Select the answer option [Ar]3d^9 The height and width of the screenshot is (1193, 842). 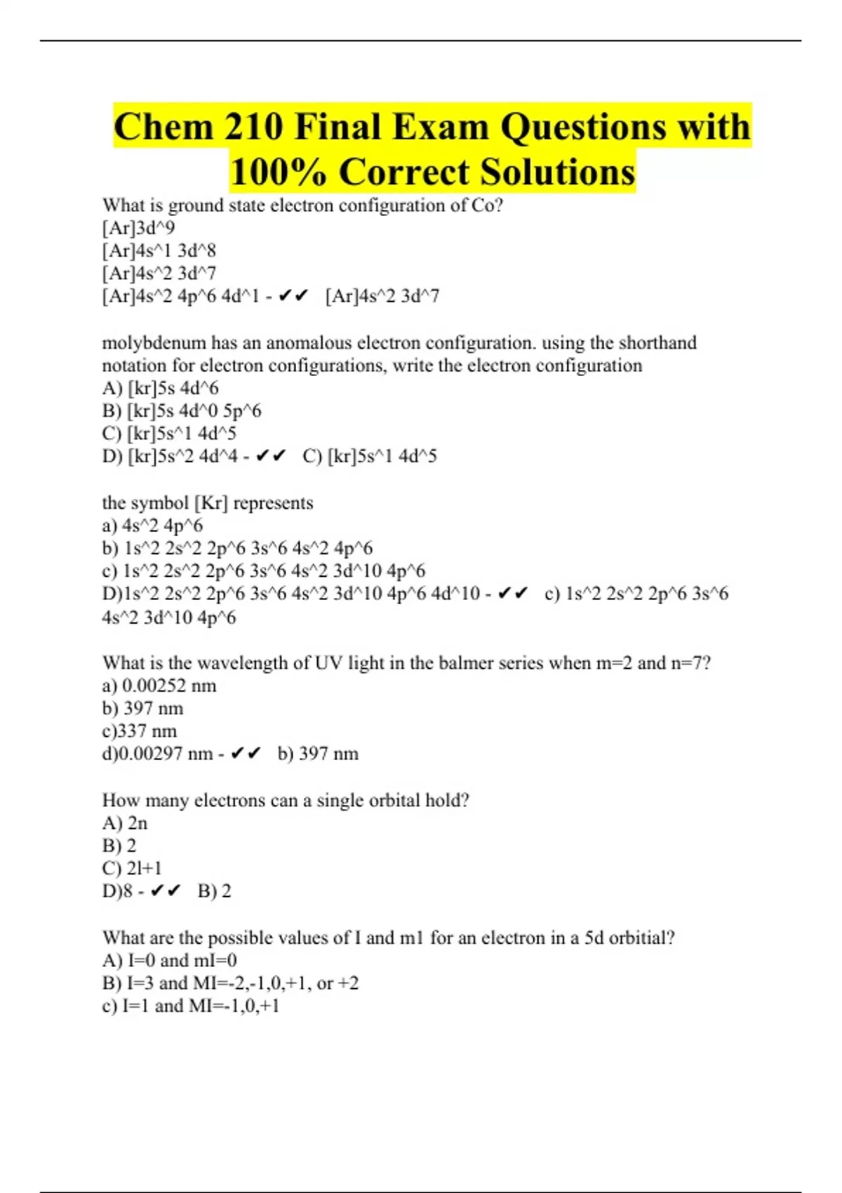pos(138,228)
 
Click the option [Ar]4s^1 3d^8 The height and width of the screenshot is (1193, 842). pos(159,251)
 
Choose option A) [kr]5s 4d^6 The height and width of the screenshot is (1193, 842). pos(161,388)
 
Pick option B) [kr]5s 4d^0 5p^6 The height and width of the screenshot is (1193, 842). pos(182,411)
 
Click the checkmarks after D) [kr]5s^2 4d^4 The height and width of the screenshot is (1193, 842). pos(271,456)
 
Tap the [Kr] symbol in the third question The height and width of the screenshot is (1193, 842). pos(210,503)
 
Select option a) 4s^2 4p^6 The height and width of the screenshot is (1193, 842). pos(152,526)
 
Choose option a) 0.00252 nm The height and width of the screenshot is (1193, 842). pos(159,686)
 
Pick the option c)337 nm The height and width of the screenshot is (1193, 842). pos(140,731)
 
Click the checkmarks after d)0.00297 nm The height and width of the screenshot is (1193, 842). pos(246,754)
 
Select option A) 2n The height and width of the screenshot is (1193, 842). pos(125,823)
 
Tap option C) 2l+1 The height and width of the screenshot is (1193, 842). pos(132,868)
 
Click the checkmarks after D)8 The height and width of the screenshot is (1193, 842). pos(166,891)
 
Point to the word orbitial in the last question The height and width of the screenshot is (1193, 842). pos(641,938)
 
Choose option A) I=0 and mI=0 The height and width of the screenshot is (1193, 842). pos(170,961)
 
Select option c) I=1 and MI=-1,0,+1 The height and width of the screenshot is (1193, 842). pos(191,1006)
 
